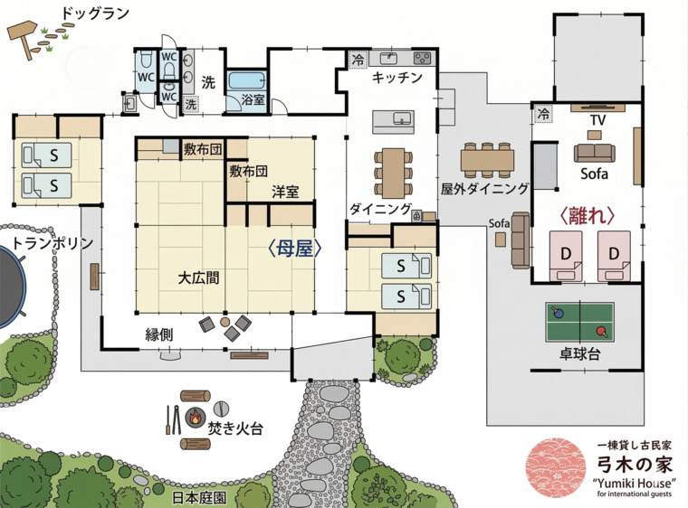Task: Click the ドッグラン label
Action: click(95, 14)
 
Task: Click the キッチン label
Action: click(397, 78)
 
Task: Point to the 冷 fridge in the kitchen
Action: click(357, 60)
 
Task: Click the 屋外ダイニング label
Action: click(484, 189)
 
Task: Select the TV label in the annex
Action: click(597, 120)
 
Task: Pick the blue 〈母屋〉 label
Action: click(292, 248)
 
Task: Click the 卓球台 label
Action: click(579, 355)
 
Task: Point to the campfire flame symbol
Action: click(195, 418)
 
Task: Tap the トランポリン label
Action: click(53, 243)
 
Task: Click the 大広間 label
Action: click(198, 278)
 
